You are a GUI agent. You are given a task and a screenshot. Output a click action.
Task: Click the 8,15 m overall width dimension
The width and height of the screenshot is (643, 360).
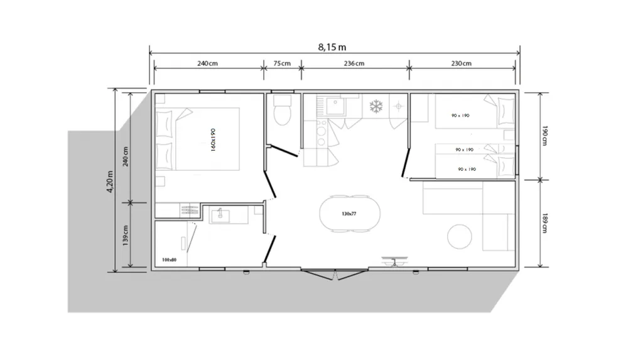click(333, 46)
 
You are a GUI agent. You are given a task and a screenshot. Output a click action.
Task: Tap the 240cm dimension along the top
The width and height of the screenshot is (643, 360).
click(207, 63)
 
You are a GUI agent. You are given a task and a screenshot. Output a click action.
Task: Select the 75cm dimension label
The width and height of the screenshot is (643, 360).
click(282, 63)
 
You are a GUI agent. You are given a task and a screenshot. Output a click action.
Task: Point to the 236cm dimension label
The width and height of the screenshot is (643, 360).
click(354, 63)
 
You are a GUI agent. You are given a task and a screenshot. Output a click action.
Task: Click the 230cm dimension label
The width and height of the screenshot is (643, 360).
click(461, 63)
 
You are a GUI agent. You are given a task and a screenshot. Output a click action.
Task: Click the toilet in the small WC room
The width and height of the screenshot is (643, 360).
click(283, 111)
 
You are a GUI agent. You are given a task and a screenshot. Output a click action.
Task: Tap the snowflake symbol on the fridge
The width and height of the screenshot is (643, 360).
click(376, 106)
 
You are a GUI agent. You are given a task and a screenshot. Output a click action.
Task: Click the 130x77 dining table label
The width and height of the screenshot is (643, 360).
click(349, 214)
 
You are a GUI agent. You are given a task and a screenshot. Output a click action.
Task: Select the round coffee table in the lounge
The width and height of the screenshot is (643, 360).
click(460, 236)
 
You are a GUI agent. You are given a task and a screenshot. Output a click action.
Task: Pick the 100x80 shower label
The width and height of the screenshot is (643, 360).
click(169, 259)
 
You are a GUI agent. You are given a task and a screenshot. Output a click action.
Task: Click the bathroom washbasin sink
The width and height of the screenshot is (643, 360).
click(221, 216)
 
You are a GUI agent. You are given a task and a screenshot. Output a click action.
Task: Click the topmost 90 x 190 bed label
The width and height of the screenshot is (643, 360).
click(460, 116)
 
